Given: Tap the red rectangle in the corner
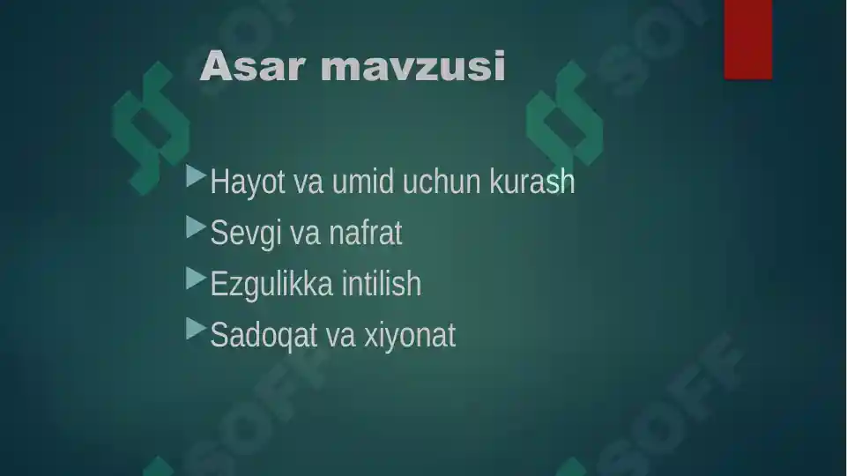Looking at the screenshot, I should click(747, 40).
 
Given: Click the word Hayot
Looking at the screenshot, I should click(248, 182).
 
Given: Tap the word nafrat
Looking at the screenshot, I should click(366, 234).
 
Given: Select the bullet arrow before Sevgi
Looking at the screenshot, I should click(197, 229).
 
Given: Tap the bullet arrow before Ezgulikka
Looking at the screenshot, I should click(197, 280).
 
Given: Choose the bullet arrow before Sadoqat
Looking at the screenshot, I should click(197, 331).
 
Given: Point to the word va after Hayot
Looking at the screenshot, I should click(308, 184).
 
